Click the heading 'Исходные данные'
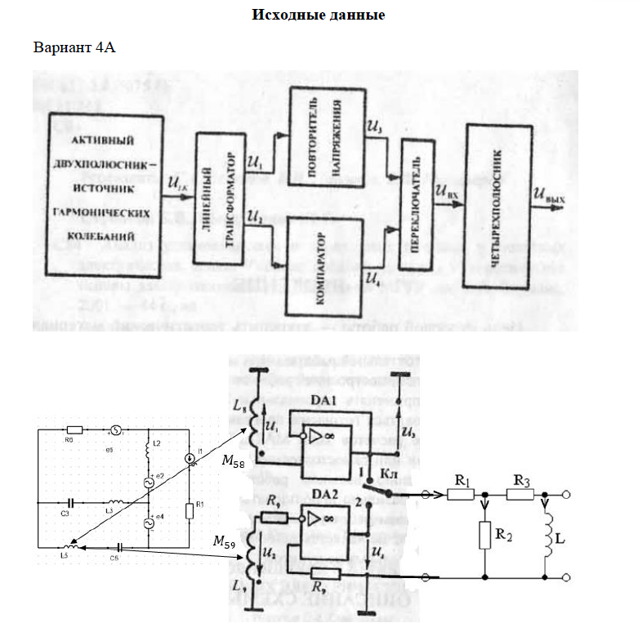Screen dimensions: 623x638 coord(319,15)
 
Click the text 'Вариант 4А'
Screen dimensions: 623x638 coord(74,47)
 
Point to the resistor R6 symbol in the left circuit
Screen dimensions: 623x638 coord(74,429)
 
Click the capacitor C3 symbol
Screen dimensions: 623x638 coord(71,502)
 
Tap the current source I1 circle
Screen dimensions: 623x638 coord(190,459)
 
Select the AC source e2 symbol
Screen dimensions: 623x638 coord(149,483)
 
